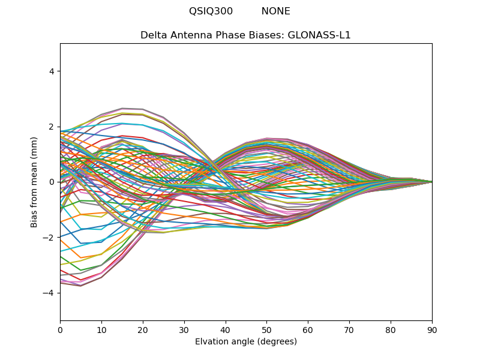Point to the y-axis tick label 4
pos(52,71)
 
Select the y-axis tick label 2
pos(52,127)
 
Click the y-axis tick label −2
pos(49,238)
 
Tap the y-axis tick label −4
pos(49,293)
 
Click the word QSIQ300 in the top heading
pos(211,11)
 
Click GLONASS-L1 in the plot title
pos(319,35)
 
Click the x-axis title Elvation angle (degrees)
pos(246,342)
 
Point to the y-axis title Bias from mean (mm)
pos(34,182)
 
